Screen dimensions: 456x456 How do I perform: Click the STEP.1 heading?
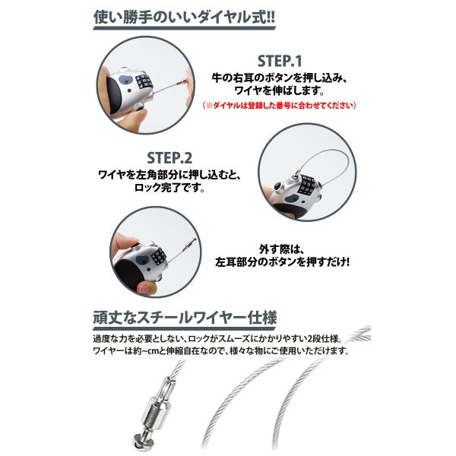coord(280,61)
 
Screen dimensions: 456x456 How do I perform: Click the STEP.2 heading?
coord(169,158)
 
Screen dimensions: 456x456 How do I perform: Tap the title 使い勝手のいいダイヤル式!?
coord(184,17)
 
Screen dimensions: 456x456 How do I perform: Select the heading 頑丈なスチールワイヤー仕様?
coord(185,318)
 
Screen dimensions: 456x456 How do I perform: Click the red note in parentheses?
coord(279,106)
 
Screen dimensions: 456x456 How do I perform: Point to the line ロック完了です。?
coord(169,188)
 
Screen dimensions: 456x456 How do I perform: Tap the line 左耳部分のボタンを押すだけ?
coord(282,262)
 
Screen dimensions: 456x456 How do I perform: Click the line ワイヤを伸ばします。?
coord(280,90)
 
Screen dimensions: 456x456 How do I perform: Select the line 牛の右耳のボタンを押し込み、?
coord(280,78)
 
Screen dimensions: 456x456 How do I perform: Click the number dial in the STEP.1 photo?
coord(143,82)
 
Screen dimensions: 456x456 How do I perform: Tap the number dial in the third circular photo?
coord(159,256)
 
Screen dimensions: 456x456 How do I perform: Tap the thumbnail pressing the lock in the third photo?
coord(144,288)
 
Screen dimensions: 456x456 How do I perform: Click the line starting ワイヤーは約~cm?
coord(221,350)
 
